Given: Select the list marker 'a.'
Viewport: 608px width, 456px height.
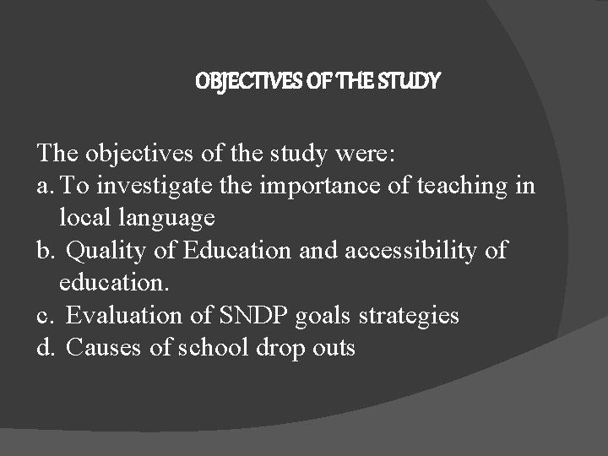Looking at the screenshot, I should click(46, 186).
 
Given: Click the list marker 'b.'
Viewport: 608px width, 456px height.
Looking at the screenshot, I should click(47, 250).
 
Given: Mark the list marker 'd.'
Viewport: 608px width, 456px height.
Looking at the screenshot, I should click(47, 347).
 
